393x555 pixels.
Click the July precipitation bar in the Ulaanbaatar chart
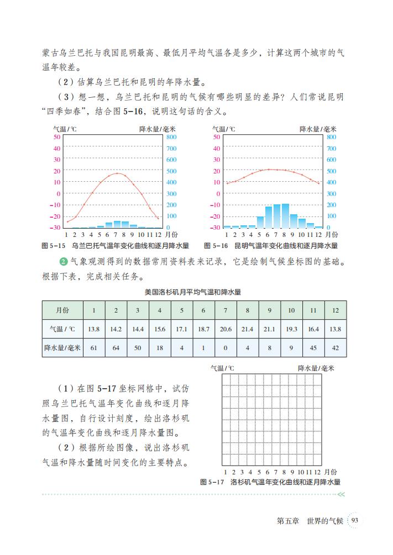click(117, 224)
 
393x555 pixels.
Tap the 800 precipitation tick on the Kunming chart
click(332, 136)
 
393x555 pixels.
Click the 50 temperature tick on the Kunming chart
click(216, 136)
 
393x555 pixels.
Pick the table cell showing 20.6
click(226, 329)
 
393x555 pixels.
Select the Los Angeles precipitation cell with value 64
click(116, 347)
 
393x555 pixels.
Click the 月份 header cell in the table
click(62, 310)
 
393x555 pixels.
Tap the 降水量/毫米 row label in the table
click(62, 347)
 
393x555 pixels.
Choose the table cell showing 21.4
click(248, 329)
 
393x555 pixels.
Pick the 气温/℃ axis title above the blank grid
click(222, 368)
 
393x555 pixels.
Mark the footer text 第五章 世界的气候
click(310, 520)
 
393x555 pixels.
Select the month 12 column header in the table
click(336, 310)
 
